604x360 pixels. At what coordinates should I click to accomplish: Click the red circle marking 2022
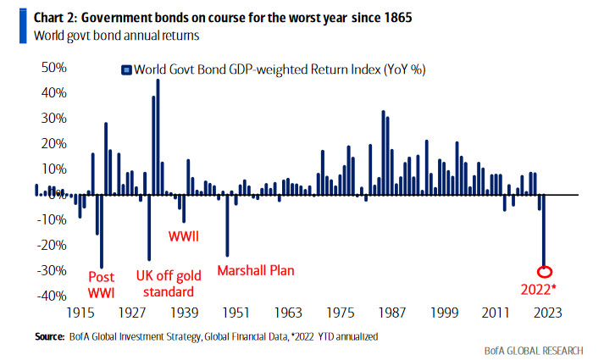545,272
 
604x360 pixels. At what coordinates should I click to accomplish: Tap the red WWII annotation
183,235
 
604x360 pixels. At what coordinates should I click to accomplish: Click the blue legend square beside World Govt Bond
125,69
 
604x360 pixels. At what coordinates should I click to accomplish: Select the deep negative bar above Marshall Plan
226,224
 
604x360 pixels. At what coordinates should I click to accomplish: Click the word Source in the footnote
49,337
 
